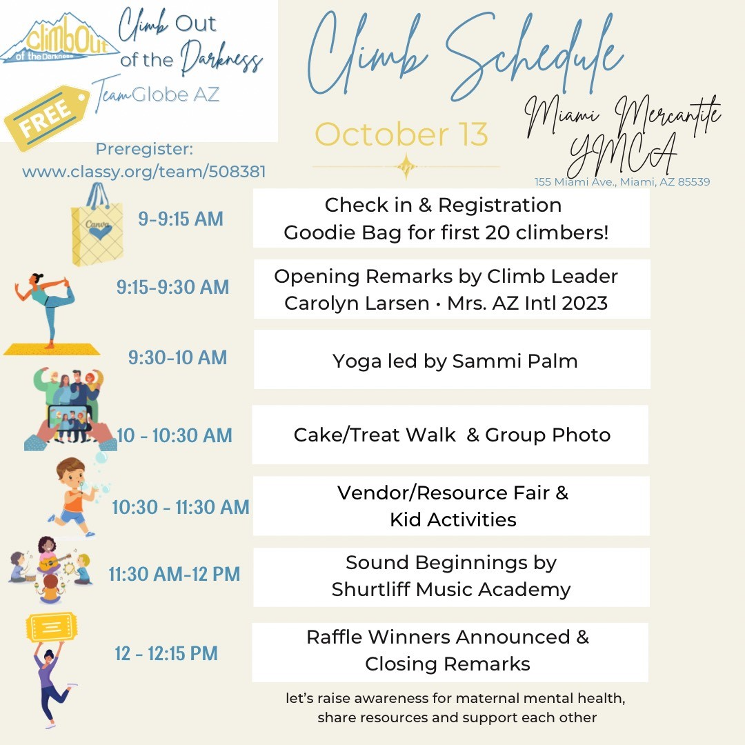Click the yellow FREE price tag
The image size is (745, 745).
[x=47, y=118]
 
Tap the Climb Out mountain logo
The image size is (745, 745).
[x=59, y=39]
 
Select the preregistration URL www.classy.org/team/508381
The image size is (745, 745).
[x=144, y=172]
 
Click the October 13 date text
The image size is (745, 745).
[x=401, y=134]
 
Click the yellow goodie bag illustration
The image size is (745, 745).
[x=97, y=225]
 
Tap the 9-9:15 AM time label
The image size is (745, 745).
[x=181, y=219]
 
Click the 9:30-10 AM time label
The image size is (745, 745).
[x=178, y=358]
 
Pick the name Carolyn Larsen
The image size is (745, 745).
[x=357, y=303]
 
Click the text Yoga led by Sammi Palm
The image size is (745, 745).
[x=455, y=361]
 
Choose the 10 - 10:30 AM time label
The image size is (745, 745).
[x=175, y=435]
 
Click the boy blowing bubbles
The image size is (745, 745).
[x=74, y=497]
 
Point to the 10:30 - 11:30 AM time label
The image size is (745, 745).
[x=181, y=507]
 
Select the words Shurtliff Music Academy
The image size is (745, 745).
[x=451, y=590]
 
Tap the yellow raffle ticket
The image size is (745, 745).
[x=52, y=627]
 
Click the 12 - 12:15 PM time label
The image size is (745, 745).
[x=166, y=653]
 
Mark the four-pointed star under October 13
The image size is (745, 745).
[x=406, y=166]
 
